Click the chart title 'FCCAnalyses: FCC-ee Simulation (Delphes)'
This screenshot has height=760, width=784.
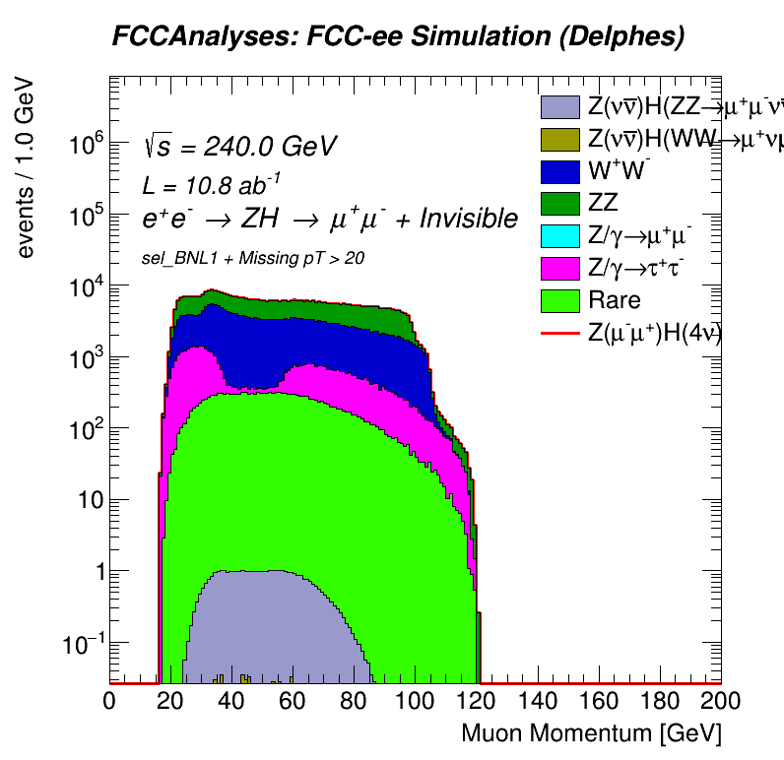(397, 37)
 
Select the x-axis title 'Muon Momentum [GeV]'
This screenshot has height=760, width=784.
(592, 733)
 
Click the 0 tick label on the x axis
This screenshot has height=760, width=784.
(110, 700)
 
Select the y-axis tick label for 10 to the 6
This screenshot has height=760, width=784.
(86, 145)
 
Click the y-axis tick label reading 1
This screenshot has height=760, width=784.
(97, 572)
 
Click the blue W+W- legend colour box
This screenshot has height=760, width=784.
(559, 170)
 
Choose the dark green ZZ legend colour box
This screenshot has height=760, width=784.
(559, 203)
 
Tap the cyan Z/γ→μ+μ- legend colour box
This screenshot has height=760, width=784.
(559, 235)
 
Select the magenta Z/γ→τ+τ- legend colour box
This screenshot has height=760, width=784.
(559, 268)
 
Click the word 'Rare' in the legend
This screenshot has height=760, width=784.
(614, 300)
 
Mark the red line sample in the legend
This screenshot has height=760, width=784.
(559, 334)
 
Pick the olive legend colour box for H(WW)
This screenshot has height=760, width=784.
(559, 138)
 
